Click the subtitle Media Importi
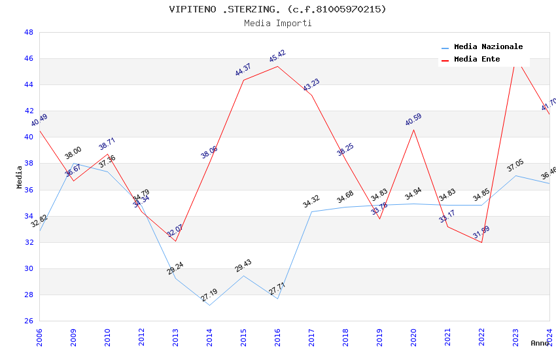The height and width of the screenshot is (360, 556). click(x=277, y=23)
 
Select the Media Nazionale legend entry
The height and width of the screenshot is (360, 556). click(x=488, y=47)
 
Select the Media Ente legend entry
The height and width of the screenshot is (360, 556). click(x=477, y=60)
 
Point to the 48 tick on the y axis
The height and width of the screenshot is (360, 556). click(x=29, y=33)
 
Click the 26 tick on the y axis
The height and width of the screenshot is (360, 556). click(x=29, y=321)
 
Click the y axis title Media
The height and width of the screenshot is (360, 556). click(x=20, y=177)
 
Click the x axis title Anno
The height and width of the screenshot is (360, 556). click(x=540, y=343)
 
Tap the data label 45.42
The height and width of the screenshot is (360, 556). click(x=277, y=56)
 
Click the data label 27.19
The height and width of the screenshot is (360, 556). click(x=209, y=295)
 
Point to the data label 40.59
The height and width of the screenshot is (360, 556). click(x=413, y=120)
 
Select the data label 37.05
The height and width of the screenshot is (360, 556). click(x=515, y=166)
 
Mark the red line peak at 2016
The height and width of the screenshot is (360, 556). click(x=277, y=66)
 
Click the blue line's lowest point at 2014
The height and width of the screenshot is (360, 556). click(x=209, y=305)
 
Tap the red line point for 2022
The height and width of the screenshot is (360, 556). click(x=481, y=242)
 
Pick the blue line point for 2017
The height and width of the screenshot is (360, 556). click(x=311, y=211)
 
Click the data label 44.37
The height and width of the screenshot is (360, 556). click(x=243, y=70)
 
